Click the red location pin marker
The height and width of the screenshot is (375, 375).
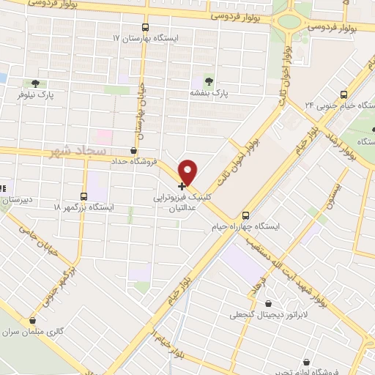tap(188, 171)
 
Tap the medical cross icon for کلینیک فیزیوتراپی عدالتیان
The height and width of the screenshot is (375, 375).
tap(182, 187)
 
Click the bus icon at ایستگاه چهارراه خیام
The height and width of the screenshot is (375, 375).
tap(245, 215)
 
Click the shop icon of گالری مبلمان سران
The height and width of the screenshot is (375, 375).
tap(31, 320)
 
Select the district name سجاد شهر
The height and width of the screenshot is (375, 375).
tap(72, 151)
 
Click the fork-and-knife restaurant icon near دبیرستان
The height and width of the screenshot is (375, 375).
tap(3, 186)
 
